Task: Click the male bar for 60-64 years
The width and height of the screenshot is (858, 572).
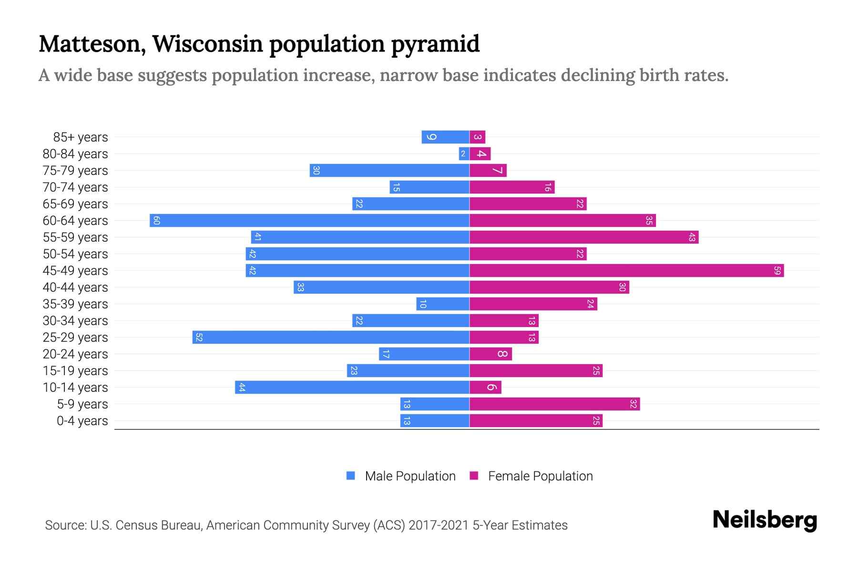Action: click(x=310, y=221)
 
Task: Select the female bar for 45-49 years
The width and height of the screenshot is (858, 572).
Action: click(x=626, y=271)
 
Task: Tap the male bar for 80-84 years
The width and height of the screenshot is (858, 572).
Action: click(x=464, y=154)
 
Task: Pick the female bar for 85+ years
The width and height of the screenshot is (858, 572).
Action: click(x=478, y=137)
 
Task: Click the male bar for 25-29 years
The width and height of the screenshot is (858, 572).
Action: click(x=331, y=337)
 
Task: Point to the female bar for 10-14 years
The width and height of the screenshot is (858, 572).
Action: click(x=485, y=388)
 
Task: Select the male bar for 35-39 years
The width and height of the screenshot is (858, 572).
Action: click(x=443, y=304)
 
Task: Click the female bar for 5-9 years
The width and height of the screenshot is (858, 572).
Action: click(x=554, y=404)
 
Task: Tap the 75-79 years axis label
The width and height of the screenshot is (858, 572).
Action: click(x=75, y=171)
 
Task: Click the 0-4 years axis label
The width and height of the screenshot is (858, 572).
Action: click(x=82, y=421)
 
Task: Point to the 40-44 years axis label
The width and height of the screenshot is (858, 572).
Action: click(x=75, y=287)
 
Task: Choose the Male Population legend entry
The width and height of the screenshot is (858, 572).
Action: click(x=410, y=476)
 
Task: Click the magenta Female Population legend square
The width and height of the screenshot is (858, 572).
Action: click(x=474, y=476)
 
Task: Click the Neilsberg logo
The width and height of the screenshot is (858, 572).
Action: click(x=765, y=520)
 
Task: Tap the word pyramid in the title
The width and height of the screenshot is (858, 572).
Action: click(x=435, y=44)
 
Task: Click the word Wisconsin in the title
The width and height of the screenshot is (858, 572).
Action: click(x=208, y=44)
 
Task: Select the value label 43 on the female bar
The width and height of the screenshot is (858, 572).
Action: click(x=692, y=237)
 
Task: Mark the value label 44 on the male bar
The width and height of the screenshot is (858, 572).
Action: click(x=242, y=388)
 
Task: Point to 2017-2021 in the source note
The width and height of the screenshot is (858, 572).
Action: click(x=439, y=525)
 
